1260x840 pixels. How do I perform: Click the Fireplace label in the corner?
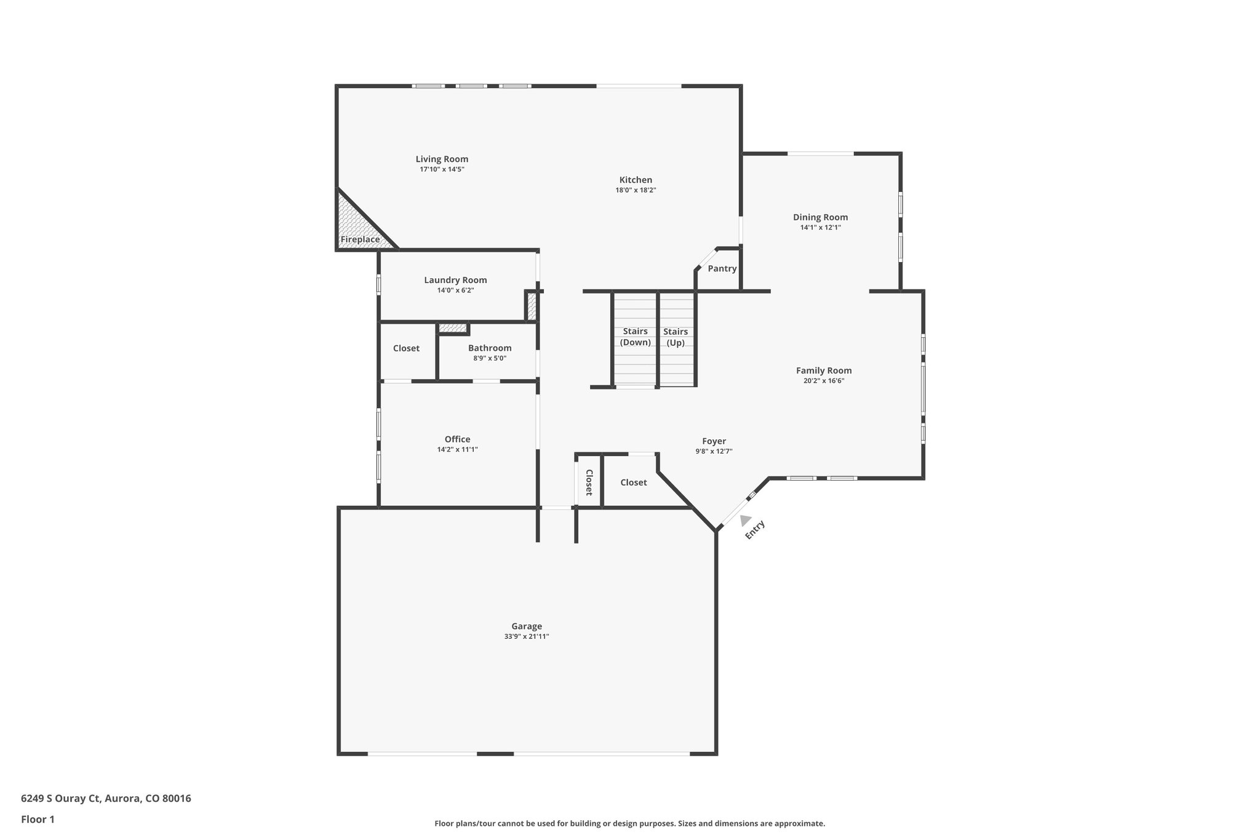[360, 239]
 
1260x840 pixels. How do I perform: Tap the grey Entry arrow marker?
[745, 521]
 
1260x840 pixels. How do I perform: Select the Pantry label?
[722, 268]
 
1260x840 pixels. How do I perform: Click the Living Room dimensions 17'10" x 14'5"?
[442, 169]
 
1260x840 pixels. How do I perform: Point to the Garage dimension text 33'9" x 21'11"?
[526, 637]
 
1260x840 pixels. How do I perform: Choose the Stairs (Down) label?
[635, 337]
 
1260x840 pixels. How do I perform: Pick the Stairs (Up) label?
[676, 337]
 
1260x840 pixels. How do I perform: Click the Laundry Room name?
[455, 280]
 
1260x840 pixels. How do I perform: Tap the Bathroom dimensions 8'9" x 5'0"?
[490, 358]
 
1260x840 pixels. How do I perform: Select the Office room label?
[457, 439]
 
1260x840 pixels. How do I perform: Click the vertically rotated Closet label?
[588, 482]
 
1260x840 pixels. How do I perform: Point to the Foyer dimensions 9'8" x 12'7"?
[714, 451]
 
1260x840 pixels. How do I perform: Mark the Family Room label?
[824, 370]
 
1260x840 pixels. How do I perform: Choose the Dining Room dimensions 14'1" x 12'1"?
[820, 227]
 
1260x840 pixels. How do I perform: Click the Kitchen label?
[636, 180]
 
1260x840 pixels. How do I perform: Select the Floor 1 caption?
[38, 819]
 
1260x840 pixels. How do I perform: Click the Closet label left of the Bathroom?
[406, 348]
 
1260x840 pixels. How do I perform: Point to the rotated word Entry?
[755, 530]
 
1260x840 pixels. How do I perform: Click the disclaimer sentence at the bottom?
[629, 823]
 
